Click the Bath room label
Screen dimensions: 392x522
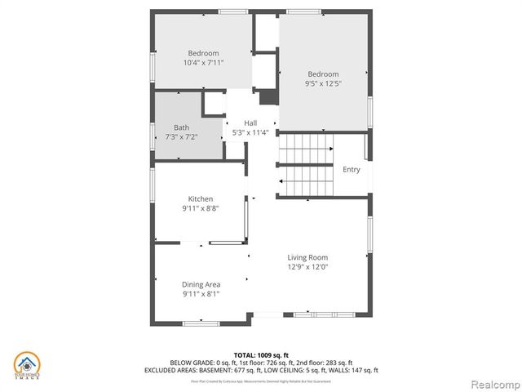(181, 127)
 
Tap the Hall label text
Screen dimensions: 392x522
(250, 123)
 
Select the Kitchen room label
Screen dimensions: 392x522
(201, 199)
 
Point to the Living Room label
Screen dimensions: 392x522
(307, 257)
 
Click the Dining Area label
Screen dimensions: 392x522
(201, 284)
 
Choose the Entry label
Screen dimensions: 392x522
(351, 170)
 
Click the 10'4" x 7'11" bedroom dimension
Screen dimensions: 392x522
(204, 62)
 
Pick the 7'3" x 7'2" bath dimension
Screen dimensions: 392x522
(181, 136)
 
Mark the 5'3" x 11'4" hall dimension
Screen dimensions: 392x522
(250, 132)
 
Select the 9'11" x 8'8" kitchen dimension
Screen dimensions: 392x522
(201, 208)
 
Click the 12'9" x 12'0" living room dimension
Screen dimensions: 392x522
(307, 266)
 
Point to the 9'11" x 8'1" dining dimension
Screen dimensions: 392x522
(201, 293)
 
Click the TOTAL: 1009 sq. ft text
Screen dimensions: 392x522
(261, 354)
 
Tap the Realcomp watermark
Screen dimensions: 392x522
(491, 382)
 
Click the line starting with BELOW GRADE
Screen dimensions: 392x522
(261, 362)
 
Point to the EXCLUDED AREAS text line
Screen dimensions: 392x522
(261, 370)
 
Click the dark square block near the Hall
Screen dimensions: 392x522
(268, 97)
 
